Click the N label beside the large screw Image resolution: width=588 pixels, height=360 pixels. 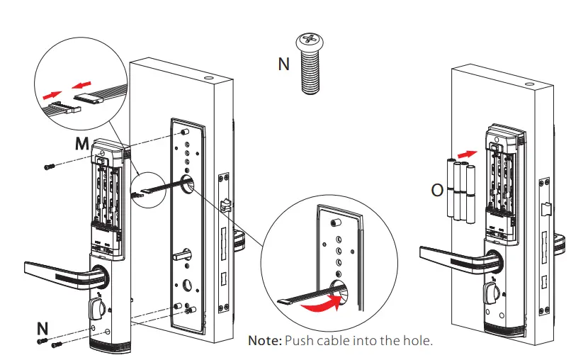click(284, 64)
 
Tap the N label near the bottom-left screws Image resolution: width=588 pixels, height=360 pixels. click(43, 329)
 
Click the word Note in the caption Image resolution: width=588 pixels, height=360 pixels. click(264, 340)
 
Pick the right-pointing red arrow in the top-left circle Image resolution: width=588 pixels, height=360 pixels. click(51, 94)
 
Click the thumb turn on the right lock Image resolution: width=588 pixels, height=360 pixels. click(490, 293)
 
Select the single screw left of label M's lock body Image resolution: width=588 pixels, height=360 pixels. click(49, 167)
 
